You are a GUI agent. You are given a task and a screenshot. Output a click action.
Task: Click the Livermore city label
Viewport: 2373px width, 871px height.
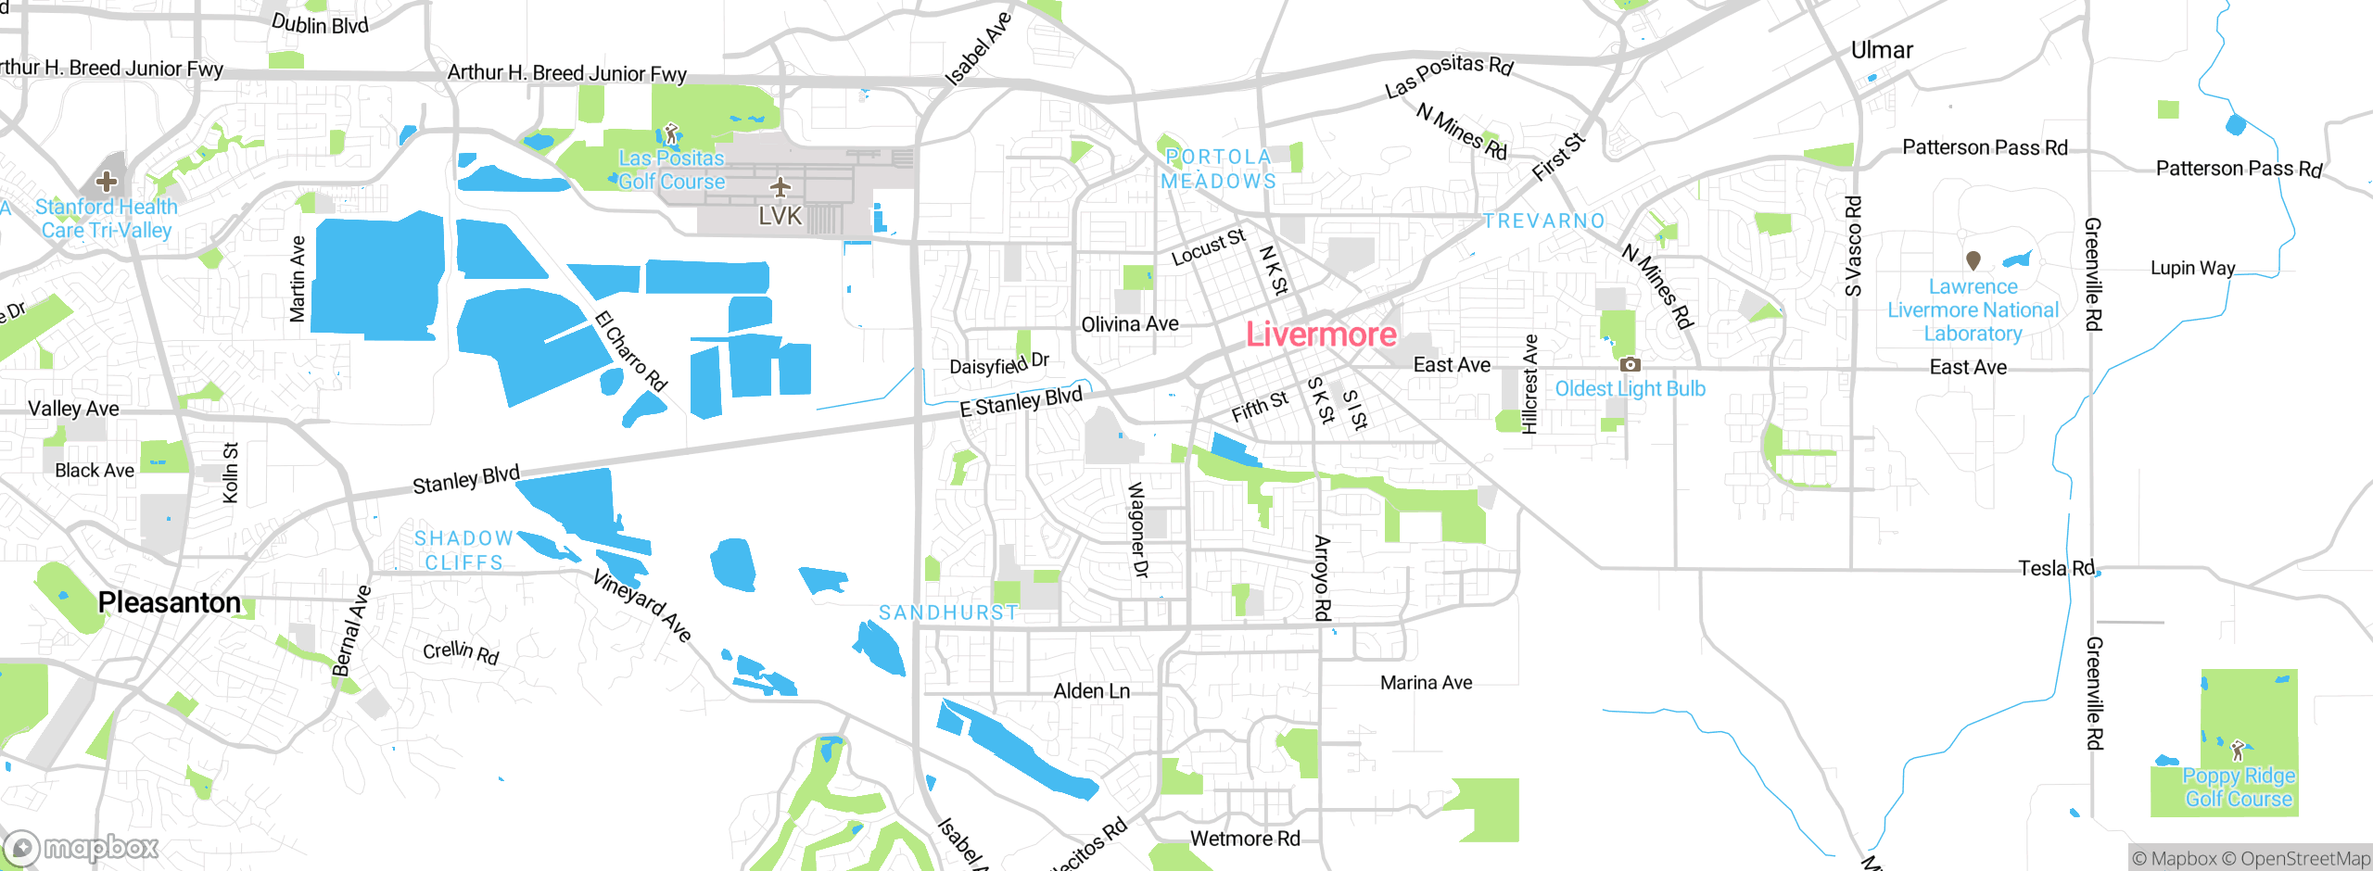[1320, 335]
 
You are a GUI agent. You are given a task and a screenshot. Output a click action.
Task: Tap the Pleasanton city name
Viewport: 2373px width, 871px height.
[169, 602]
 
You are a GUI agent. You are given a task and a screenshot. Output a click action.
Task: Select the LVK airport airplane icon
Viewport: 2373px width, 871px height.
[780, 188]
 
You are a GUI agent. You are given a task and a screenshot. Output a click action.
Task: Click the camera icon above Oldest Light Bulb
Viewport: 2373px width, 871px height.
[1630, 365]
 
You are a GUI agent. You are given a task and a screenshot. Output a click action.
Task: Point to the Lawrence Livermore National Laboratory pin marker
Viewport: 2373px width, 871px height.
[1973, 261]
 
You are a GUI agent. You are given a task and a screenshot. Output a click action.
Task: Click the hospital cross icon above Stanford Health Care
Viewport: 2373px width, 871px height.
[107, 181]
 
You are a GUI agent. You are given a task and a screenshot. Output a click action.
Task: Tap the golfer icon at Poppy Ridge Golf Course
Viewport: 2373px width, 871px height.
[2238, 749]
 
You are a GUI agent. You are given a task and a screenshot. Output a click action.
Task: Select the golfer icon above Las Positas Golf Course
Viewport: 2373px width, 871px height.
[672, 133]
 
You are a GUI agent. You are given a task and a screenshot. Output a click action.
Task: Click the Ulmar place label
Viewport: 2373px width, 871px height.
[1881, 50]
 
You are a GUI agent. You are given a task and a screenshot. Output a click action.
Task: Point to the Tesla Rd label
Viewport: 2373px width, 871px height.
[2056, 568]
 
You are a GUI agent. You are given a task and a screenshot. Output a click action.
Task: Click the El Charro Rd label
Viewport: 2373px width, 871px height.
[631, 351]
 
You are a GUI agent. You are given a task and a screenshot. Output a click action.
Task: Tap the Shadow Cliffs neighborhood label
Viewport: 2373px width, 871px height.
[463, 550]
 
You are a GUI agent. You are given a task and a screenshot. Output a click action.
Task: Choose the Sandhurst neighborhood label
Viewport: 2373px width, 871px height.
[947, 612]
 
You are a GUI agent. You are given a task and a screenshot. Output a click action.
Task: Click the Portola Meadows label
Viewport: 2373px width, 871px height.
[1218, 170]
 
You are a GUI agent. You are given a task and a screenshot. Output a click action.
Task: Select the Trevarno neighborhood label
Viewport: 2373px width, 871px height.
[1543, 221]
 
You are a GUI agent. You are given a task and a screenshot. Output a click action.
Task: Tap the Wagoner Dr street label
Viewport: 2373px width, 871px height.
[1137, 530]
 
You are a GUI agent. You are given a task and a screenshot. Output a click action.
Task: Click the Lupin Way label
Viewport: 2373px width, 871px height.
[2192, 268]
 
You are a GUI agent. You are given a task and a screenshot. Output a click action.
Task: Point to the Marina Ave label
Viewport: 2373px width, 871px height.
[1426, 683]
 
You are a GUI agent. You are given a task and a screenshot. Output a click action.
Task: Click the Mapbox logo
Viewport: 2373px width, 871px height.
[82, 847]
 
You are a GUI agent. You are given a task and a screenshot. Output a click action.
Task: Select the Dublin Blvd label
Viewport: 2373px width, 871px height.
[320, 24]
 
